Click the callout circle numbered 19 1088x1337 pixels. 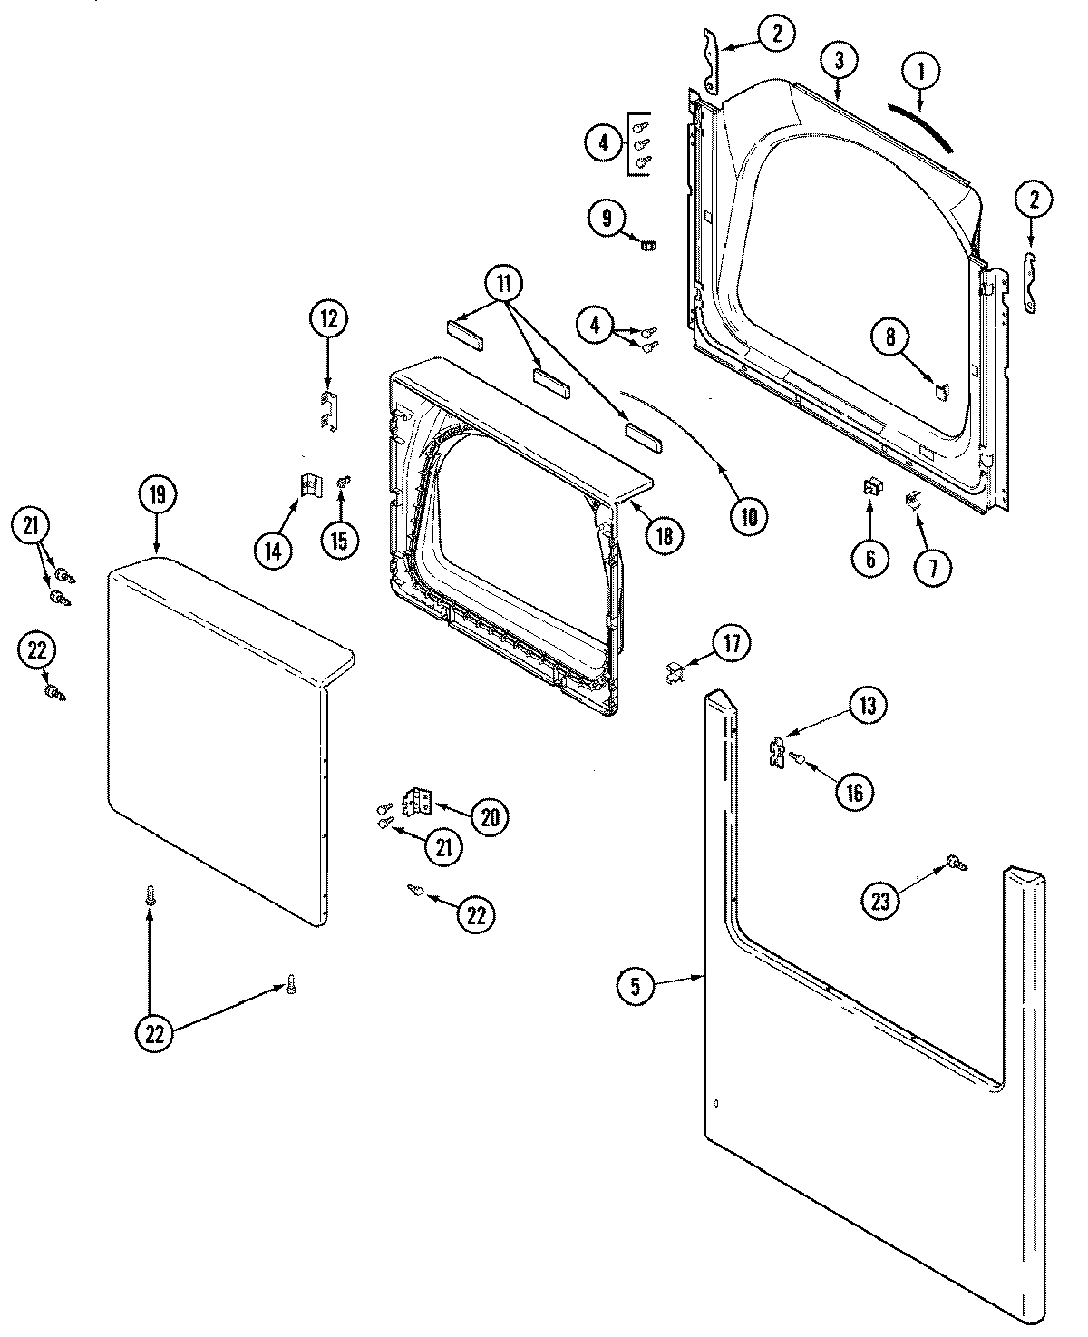click(x=158, y=495)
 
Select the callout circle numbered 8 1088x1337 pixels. click(x=889, y=337)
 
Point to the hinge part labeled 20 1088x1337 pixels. click(x=419, y=801)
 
